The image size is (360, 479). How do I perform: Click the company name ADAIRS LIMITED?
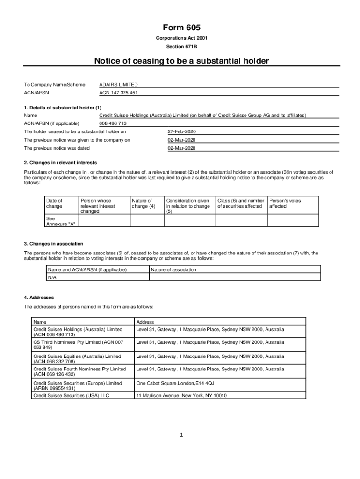coord(119,85)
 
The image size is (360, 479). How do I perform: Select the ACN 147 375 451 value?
coord(119,93)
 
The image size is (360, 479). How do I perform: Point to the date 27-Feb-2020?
coord(181,131)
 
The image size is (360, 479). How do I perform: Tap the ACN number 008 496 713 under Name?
coord(113,123)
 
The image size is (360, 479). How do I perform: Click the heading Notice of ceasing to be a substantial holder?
coord(182,61)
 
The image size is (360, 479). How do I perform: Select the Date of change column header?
coord(54,203)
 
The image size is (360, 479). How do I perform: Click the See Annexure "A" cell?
coord(60,221)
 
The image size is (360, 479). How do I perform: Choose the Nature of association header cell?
coord(173,269)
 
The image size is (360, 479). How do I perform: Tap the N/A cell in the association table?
coord(52,277)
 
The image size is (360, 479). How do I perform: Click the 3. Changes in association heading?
coord(54,244)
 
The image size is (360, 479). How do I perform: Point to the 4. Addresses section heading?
coord(39,298)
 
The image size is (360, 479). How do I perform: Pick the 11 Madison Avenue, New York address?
coord(181,396)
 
